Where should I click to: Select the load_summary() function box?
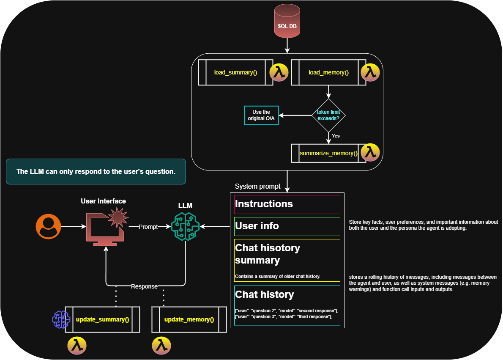[x=236, y=72]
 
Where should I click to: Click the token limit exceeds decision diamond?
[x=328, y=115]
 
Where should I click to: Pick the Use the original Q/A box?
[x=261, y=115]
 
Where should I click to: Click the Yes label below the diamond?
[x=336, y=136]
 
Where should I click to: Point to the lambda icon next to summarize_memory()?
[x=371, y=153]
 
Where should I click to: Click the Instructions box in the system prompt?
[x=287, y=204]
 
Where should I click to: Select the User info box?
[x=287, y=226]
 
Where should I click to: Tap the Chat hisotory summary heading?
[x=267, y=254]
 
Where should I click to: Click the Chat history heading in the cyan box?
[x=264, y=294]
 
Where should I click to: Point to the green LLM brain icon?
[x=185, y=227]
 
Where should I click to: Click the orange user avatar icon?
[x=48, y=226]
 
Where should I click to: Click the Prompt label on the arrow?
[x=148, y=227]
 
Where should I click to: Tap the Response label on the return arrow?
[x=144, y=286]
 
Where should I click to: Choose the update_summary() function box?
[x=102, y=319]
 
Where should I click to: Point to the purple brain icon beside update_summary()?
[x=60, y=319]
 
